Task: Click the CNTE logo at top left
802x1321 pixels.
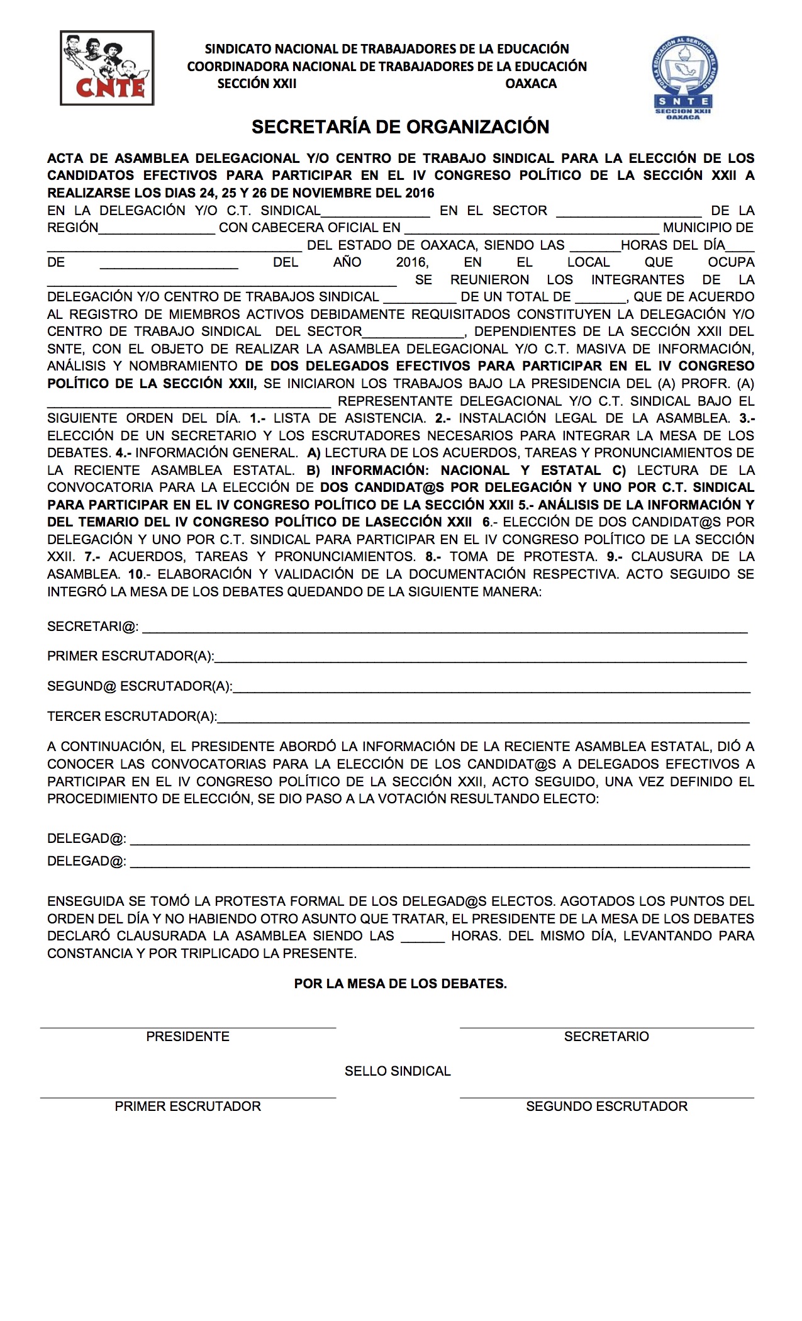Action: pyautogui.click(x=107, y=68)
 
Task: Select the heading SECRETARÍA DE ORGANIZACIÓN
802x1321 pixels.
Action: pyautogui.click(x=401, y=127)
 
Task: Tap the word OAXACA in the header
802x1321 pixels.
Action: pyautogui.click(x=531, y=84)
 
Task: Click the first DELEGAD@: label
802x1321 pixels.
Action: pyautogui.click(x=87, y=839)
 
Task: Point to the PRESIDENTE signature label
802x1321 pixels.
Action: pyautogui.click(x=187, y=1037)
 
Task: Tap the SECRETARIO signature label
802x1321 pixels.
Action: pyautogui.click(x=606, y=1037)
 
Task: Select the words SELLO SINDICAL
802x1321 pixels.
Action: pyautogui.click(x=398, y=1071)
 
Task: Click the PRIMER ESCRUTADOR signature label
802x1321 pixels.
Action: pyautogui.click(x=187, y=1106)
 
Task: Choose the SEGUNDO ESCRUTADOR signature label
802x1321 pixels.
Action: pyautogui.click(x=606, y=1106)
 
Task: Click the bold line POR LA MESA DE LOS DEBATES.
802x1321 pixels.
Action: pyautogui.click(x=401, y=984)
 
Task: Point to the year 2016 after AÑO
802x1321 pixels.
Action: pyautogui.click(x=412, y=262)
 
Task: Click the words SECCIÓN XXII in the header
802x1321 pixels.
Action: pyautogui.click(x=257, y=84)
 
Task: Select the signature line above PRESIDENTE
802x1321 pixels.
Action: pyautogui.click(x=187, y=1028)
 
